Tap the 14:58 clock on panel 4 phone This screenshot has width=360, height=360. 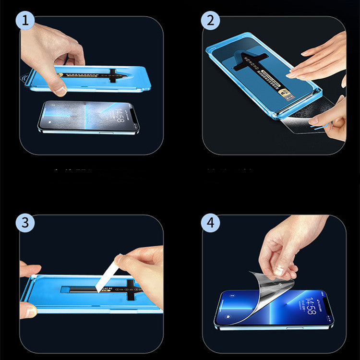pos(312,306)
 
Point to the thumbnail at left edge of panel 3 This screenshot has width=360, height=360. pos(30,312)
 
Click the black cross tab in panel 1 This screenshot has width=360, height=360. pos(113,75)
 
